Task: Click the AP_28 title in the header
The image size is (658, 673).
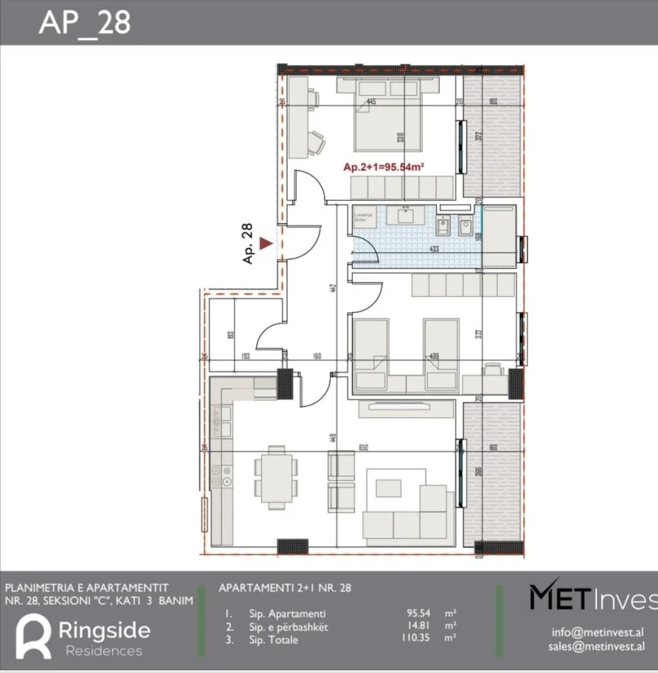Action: coord(84,23)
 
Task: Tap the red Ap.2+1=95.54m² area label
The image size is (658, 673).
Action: coord(383,167)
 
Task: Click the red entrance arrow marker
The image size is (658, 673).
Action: coord(266,244)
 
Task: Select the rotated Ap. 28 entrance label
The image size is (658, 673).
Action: coord(247,244)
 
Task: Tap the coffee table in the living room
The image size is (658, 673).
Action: coord(387,488)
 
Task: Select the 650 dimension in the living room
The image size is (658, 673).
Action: coord(364,448)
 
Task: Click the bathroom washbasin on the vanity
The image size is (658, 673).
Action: coord(407,215)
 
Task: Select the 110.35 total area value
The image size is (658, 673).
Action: coord(414,640)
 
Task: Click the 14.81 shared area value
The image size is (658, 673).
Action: coord(416,627)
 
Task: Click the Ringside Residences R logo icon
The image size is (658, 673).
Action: coord(33,635)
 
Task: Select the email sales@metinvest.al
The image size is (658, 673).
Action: coord(596,645)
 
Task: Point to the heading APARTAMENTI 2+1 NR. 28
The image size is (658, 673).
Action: coord(285,588)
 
